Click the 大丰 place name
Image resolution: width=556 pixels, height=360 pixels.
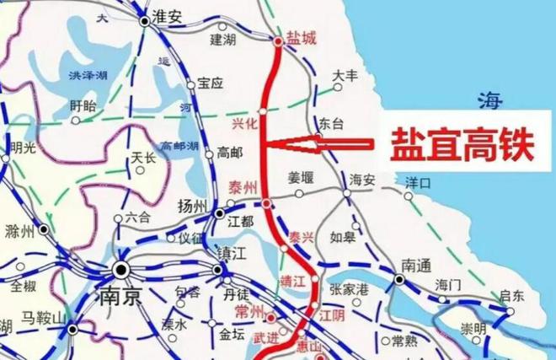(346, 76)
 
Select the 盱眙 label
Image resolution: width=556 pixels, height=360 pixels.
(83, 105)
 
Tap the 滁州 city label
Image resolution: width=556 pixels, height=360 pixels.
(18, 231)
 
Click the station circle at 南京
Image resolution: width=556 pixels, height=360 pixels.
(121, 270)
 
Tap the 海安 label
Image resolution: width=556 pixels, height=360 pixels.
(361, 179)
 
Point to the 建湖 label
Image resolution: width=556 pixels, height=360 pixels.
(224, 40)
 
